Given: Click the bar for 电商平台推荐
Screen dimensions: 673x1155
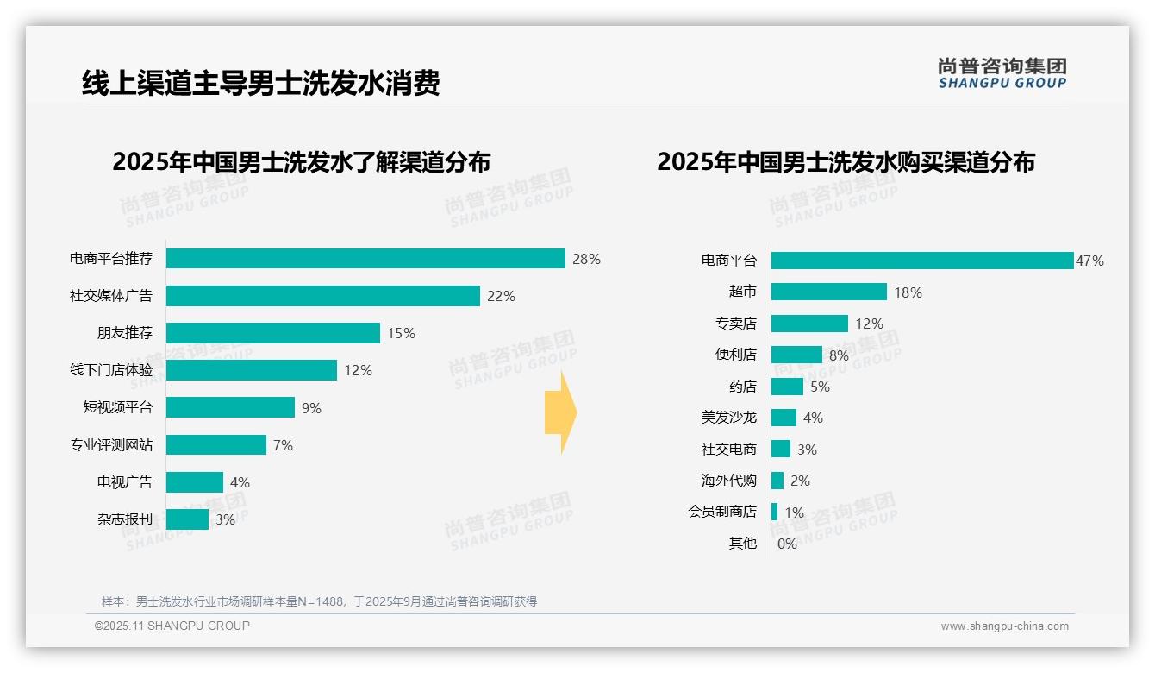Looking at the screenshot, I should (365, 259).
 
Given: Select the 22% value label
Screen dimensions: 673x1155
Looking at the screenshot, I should (501, 296).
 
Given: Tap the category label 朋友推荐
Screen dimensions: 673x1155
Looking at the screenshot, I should (124, 333).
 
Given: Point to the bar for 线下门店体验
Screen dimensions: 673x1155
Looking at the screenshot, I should (251, 370).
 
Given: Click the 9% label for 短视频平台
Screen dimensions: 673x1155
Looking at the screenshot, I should (311, 408).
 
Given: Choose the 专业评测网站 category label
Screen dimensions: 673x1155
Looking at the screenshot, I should (111, 445).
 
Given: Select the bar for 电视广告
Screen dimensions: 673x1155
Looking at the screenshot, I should (195, 482).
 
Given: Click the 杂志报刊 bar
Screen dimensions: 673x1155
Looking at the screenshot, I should (187, 519).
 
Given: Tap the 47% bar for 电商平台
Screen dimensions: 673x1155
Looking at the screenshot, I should (921, 261).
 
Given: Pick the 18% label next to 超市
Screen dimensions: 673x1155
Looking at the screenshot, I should (908, 292).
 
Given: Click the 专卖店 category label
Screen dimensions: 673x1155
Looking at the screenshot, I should (735, 324).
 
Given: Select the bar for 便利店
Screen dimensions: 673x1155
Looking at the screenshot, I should (796, 355).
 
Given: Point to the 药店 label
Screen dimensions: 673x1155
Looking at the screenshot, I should (742, 387).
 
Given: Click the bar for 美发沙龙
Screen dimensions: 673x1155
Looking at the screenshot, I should (784, 418).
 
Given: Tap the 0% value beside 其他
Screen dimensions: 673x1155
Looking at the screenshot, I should (787, 544).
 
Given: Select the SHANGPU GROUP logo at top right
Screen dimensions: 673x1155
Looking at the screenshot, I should (1002, 73).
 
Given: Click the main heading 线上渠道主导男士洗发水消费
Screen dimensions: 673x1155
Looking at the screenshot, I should (260, 83).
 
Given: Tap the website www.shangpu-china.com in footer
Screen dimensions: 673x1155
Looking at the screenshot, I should (1004, 626).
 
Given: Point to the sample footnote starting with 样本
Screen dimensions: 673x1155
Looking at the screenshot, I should (319, 601).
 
